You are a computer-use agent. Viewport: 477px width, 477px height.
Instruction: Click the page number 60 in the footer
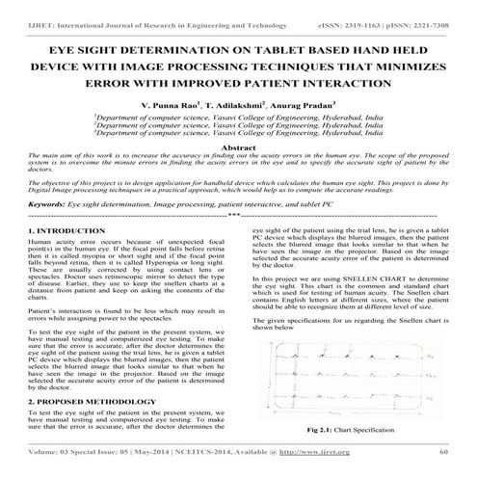tap(444, 450)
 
